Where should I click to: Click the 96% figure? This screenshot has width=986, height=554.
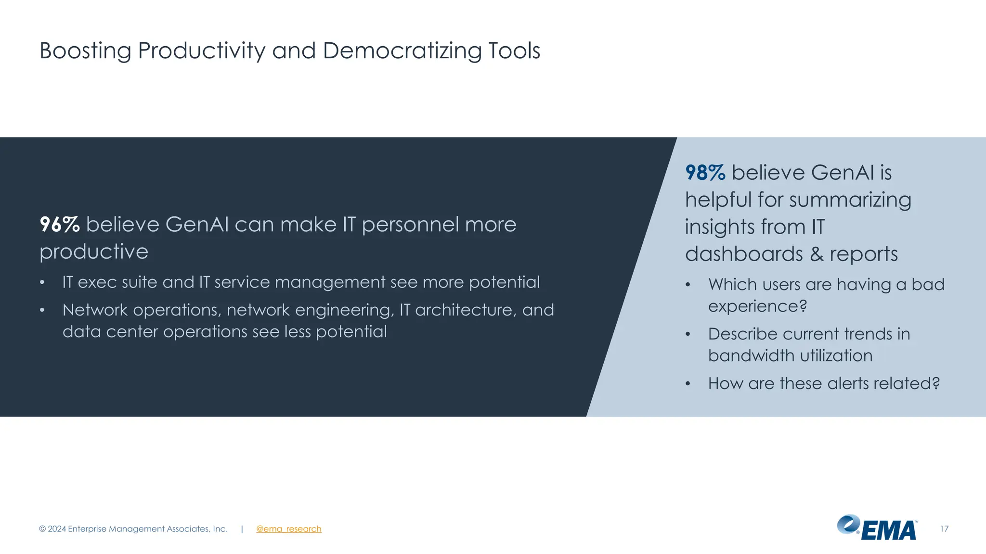59,225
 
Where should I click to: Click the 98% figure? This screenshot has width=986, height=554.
705,173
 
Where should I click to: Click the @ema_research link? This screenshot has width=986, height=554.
288,529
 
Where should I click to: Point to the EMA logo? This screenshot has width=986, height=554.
877,528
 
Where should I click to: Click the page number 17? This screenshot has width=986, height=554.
944,529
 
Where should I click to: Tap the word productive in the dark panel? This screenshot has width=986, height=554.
94,252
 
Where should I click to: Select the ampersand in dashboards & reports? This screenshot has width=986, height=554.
817,254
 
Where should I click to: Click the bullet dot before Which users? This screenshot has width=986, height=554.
688,285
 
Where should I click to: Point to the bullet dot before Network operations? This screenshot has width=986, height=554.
42,310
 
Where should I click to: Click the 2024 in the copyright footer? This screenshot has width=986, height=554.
57,529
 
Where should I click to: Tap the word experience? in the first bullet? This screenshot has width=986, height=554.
757,306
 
